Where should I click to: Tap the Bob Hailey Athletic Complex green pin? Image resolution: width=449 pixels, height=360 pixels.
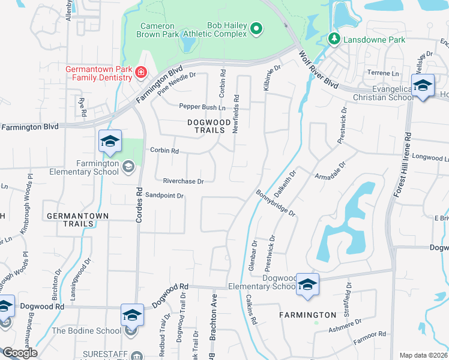pyautogui.click(x=256, y=28)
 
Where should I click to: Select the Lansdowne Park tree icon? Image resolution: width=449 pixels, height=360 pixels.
pyautogui.click(x=334, y=40)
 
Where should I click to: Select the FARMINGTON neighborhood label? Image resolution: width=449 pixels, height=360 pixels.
pyautogui.click(x=308, y=315)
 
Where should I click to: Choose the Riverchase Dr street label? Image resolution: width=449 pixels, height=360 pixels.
pyautogui.click(x=183, y=181)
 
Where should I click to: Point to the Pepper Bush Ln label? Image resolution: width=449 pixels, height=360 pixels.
pyautogui.click(x=202, y=107)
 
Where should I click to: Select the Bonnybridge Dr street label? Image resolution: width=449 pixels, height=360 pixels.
pyautogui.click(x=276, y=204)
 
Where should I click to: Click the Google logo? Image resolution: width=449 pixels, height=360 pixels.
pyautogui.click(x=19, y=353)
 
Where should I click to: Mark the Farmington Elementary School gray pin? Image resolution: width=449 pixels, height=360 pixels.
pyautogui.click(x=128, y=166)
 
